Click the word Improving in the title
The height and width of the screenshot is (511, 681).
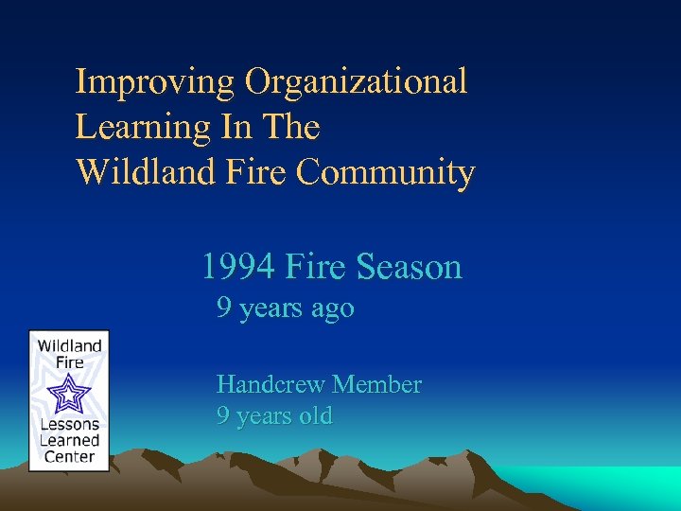point(156,82)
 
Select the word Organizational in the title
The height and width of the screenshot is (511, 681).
point(357,82)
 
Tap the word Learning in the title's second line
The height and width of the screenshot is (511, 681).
point(142,128)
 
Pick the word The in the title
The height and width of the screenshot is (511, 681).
point(293,128)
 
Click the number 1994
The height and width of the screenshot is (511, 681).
point(237,268)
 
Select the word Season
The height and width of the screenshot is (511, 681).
point(410,268)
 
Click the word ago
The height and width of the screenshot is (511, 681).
point(334,309)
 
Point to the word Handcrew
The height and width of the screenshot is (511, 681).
point(271,385)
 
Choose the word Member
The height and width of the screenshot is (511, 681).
point(377,385)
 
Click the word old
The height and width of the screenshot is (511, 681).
point(313,416)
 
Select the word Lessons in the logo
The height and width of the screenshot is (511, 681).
point(69,425)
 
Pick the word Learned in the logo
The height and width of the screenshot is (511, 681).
point(69,441)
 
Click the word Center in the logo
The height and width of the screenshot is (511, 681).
point(69,457)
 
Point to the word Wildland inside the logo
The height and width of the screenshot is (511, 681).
point(69,345)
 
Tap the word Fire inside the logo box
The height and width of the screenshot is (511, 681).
point(69,361)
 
